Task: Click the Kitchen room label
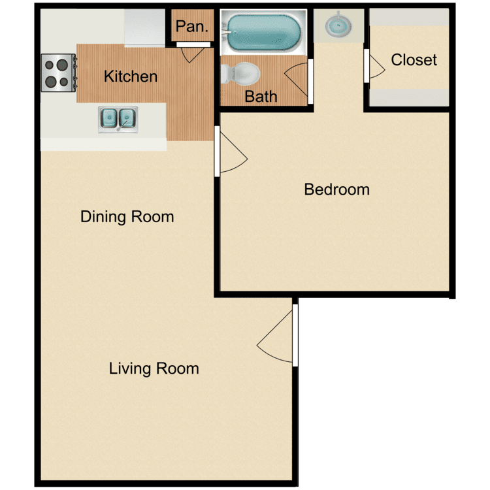(131, 76)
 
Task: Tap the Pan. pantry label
(192, 26)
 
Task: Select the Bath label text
(261, 97)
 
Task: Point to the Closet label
(414, 60)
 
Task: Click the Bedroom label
(337, 189)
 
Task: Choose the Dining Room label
(127, 217)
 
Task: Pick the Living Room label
(154, 368)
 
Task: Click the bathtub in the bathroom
(263, 32)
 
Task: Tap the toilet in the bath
(240, 74)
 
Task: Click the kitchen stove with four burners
(59, 73)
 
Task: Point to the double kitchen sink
(118, 120)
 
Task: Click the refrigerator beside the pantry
(144, 28)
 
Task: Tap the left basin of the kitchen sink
(108, 118)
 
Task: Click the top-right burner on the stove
(63, 65)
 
